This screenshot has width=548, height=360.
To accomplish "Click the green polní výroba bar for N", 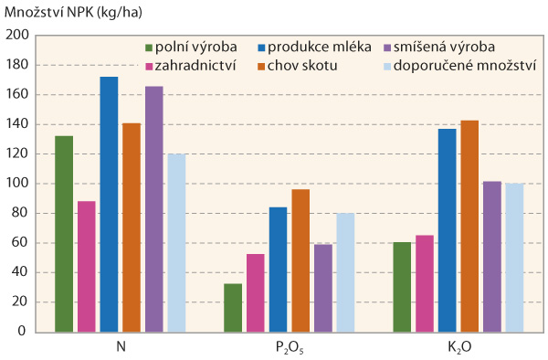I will coord(64,233).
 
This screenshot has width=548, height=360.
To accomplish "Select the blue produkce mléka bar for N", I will coord(109,204).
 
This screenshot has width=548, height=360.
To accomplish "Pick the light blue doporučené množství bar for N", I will coord(176,242).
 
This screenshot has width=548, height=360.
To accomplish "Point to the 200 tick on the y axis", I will coord(17,36).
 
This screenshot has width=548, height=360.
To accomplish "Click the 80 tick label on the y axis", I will coord(20,214).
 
